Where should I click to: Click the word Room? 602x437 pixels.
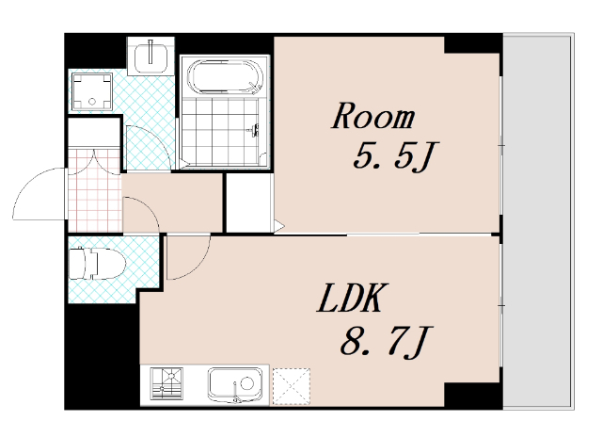[x=373, y=115]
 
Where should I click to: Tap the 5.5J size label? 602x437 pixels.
[x=395, y=155]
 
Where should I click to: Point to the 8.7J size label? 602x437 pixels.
[x=387, y=341]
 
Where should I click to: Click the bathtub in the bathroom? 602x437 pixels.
[x=226, y=76]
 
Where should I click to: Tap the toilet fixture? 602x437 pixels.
[x=97, y=263]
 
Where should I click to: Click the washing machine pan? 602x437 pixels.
[x=92, y=91]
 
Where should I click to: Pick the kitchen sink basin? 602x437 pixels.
[x=235, y=384]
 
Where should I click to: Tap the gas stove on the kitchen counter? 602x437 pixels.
[x=166, y=383]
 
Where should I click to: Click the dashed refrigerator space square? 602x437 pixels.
[x=291, y=386]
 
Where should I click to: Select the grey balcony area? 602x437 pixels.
[x=538, y=221]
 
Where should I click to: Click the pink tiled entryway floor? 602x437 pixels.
[x=95, y=190]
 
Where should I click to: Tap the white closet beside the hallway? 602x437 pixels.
[x=248, y=202]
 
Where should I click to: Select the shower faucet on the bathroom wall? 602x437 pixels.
[x=254, y=130]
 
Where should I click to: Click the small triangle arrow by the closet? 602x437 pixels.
[x=279, y=226]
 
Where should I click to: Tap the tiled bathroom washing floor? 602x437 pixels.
[x=219, y=132]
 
